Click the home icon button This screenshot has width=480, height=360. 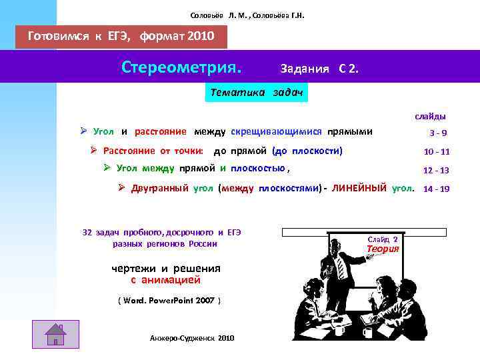55,334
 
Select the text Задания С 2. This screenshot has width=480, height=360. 319,68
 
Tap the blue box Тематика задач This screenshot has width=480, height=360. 257,93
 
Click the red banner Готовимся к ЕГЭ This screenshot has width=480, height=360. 121,37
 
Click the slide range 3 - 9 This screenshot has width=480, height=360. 438,133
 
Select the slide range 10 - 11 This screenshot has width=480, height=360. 437,151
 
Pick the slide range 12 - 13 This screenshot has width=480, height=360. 437,170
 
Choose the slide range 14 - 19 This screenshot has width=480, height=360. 437,189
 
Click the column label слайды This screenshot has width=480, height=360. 431,116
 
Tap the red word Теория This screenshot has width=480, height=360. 383,249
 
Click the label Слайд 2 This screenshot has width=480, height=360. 383,239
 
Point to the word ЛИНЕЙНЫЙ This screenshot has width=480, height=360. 359,188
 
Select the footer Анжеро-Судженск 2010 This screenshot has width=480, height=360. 193,339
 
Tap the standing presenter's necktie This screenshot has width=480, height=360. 340,267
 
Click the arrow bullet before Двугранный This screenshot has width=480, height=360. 122,188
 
